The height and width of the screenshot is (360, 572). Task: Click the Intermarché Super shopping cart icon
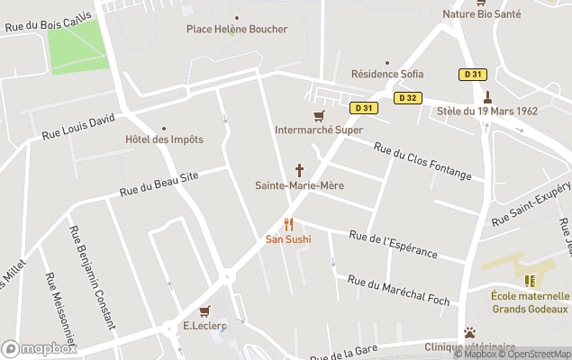[318, 116]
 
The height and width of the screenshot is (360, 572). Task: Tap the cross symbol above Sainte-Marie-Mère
[299, 170]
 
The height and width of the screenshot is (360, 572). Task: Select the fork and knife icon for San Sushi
[288, 224]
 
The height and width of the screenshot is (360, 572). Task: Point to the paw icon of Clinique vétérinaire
[468, 332]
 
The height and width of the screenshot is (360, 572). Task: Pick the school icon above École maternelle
[530, 281]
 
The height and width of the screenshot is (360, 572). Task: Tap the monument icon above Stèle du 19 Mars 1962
[487, 96]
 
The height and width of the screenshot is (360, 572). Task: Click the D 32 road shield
[408, 97]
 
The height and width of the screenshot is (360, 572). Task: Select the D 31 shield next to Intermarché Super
[364, 107]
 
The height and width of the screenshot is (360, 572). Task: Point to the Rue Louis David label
[79, 127]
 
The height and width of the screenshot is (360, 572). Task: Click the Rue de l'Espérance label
[392, 243]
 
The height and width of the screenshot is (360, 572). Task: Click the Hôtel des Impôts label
[164, 139]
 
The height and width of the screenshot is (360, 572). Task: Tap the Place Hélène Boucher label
[237, 29]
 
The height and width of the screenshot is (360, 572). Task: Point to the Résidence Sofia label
[386, 74]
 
